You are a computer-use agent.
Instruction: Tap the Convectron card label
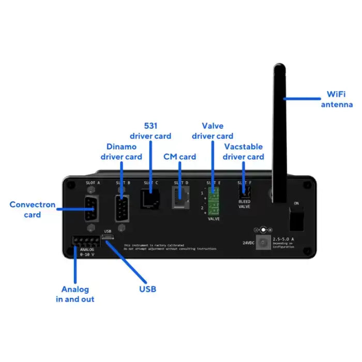click(x=32, y=209)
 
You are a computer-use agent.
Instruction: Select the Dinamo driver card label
click(x=121, y=152)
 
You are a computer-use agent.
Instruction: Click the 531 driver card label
click(x=150, y=130)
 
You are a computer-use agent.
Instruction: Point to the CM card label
click(x=179, y=156)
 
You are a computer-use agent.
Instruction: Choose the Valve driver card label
click(x=212, y=130)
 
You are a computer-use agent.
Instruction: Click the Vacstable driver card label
click(x=244, y=152)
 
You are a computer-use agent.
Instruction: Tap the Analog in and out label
click(x=75, y=294)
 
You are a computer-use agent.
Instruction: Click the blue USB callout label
click(x=147, y=289)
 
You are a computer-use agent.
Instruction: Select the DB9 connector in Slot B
click(x=122, y=208)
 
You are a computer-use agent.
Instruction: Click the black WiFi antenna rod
click(x=279, y=134)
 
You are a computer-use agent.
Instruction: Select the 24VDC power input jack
click(x=264, y=242)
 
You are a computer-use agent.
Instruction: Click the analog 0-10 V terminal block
click(x=85, y=241)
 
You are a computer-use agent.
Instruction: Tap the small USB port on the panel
click(x=108, y=237)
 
